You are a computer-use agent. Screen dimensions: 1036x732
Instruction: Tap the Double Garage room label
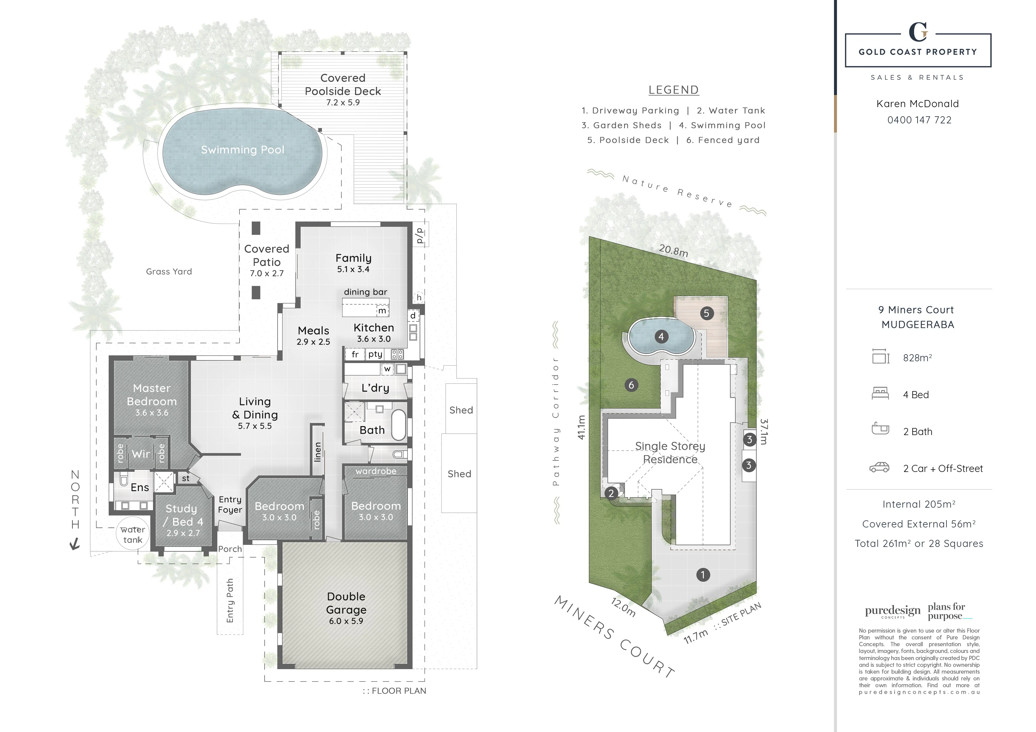pos(346,603)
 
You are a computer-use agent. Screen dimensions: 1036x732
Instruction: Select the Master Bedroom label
pos(152,395)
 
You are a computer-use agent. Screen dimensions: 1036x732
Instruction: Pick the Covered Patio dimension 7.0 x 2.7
pos(267,273)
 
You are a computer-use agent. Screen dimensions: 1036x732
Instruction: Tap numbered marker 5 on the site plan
pos(707,313)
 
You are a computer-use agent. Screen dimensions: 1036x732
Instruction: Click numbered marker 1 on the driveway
pos(703,575)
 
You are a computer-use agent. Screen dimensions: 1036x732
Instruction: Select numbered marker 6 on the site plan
pos(631,385)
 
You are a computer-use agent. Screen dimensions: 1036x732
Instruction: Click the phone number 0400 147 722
pos(919,120)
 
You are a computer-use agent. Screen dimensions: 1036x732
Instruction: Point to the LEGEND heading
pos(673,90)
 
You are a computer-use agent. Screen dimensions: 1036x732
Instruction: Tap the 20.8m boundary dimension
pos(673,251)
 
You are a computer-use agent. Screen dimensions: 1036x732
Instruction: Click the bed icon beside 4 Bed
pos(880,394)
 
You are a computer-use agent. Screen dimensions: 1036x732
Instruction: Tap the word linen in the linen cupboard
pos(318,452)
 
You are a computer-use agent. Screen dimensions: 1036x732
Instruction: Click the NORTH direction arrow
pos(74,544)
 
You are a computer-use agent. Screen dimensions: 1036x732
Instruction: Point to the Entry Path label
pos(230,600)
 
